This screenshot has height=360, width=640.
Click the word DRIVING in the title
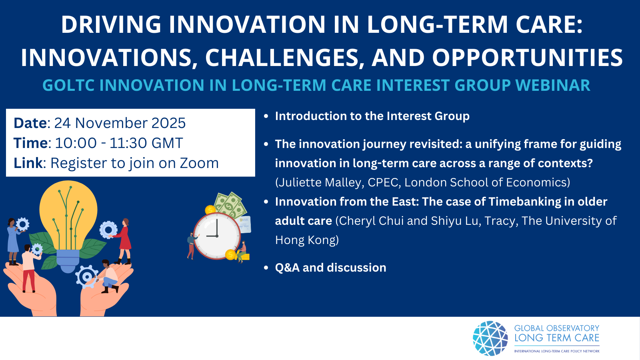tap(111, 24)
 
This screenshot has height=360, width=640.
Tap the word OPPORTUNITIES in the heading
tap(527, 58)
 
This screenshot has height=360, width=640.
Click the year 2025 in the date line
tap(168, 123)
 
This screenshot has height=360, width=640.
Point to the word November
tap(111, 123)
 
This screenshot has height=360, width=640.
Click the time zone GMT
tap(167, 143)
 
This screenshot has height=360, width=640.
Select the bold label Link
tap(28, 163)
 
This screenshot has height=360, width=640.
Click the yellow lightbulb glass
tap(68, 212)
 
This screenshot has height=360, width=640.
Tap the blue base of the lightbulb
tap(68, 260)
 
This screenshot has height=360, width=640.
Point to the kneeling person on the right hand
tap(110, 276)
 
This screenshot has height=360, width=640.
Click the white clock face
tap(217, 236)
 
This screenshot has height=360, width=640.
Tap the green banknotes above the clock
tap(230, 205)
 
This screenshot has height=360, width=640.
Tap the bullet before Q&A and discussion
tap(266, 268)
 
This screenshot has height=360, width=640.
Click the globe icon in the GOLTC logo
tap(490, 338)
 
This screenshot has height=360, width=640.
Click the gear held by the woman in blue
tap(22, 224)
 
